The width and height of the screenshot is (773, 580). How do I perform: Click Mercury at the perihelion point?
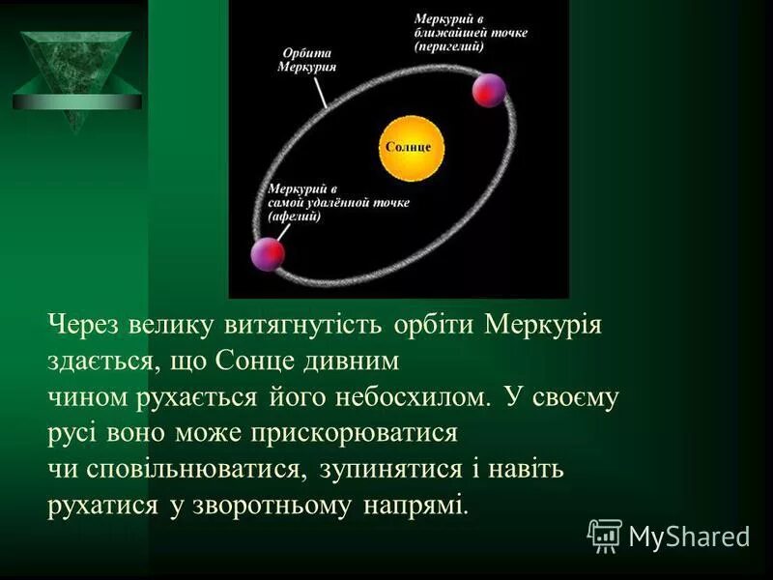click(x=489, y=89)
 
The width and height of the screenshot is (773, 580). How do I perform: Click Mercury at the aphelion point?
click(x=268, y=253)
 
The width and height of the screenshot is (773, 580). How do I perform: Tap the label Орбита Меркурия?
click(x=306, y=60)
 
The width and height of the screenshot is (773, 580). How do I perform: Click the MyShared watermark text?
click(x=689, y=536)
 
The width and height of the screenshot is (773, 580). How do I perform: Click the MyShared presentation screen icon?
click(x=605, y=535)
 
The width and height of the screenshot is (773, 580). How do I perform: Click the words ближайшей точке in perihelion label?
click(x=471, y=33)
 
